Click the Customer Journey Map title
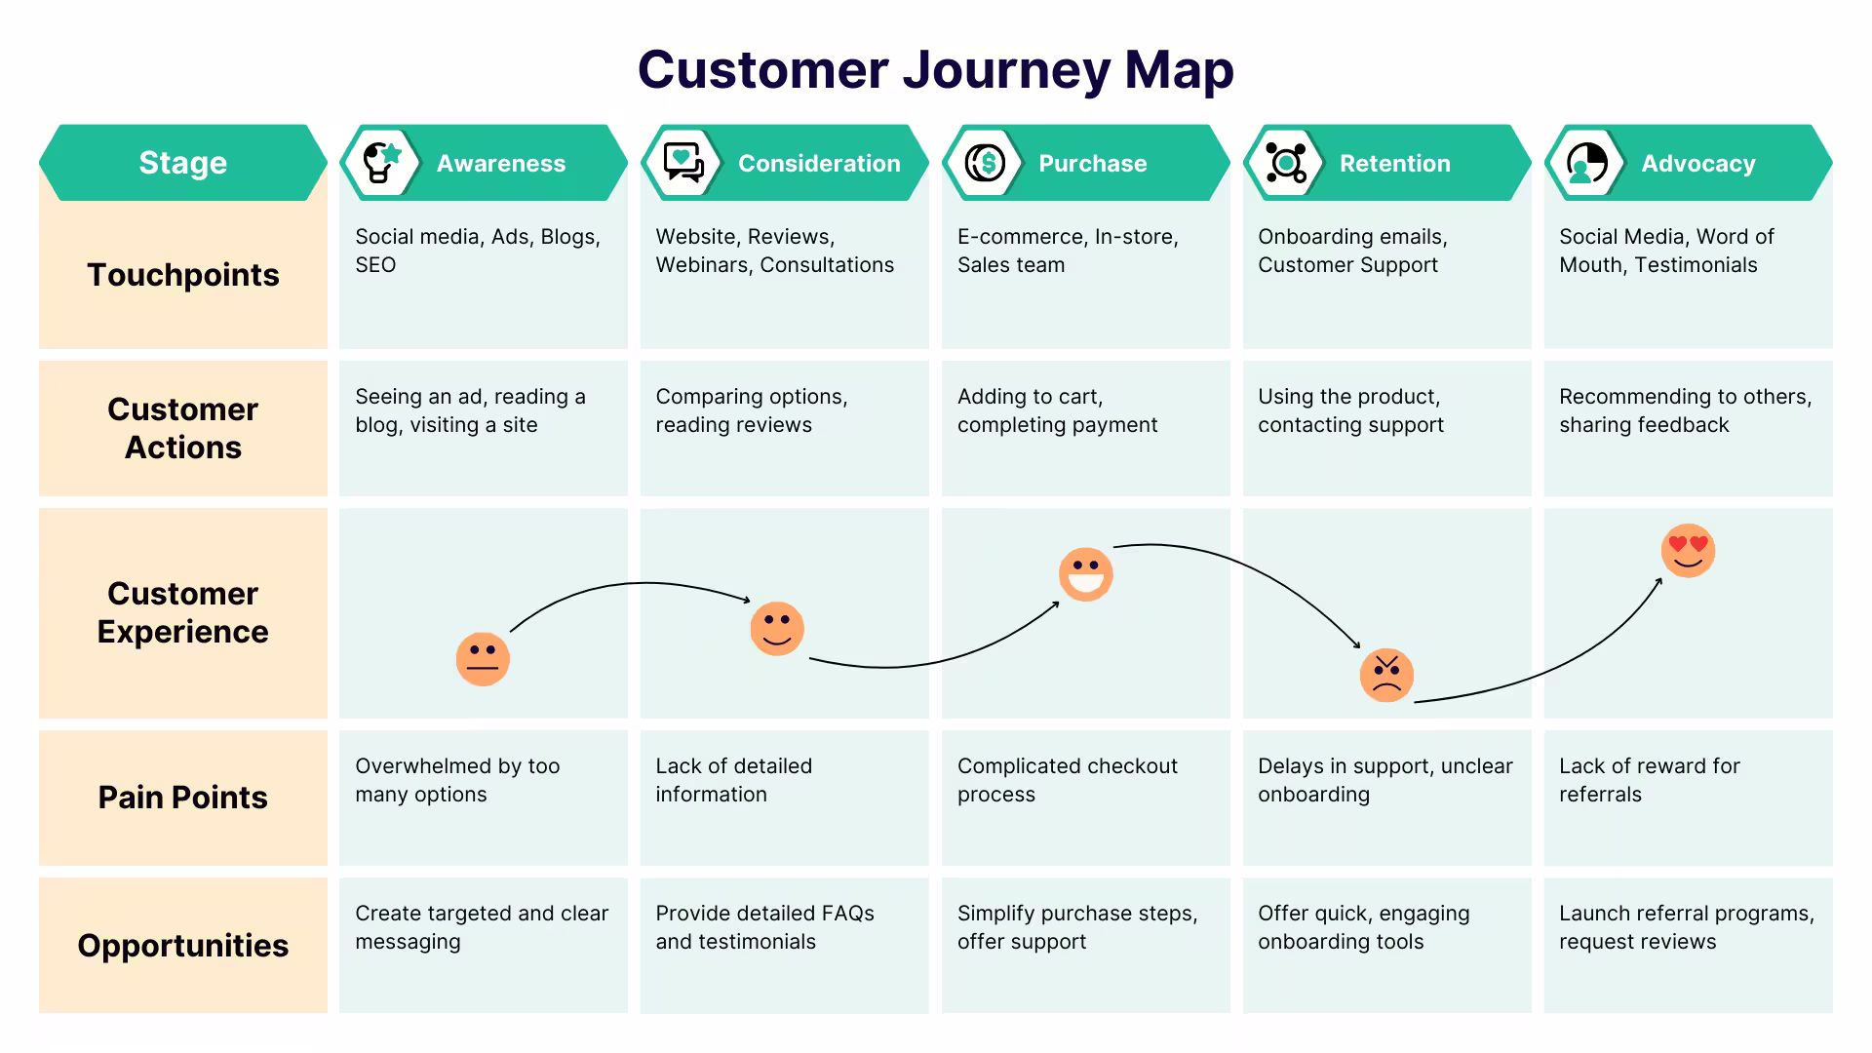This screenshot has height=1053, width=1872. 936,70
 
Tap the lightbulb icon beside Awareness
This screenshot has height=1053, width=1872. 381,163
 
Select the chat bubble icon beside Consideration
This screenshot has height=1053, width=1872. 683,163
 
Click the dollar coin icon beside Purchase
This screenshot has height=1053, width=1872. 985,163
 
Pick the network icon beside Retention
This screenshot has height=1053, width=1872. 1286,163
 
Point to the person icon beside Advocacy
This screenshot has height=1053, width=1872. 1587,163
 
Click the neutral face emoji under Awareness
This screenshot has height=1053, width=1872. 483,659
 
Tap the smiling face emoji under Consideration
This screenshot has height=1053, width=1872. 777,629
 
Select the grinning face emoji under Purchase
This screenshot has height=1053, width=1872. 1085,574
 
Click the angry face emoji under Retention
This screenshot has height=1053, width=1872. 1386,676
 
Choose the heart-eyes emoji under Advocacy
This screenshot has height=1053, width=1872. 1688,551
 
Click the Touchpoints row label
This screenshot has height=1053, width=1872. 183,275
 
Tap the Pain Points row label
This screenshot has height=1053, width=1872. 183,798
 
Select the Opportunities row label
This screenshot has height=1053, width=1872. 183,946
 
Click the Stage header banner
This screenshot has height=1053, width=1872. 183,163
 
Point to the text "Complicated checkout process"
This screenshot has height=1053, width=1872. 1068,780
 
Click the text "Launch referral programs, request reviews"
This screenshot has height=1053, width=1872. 1687,927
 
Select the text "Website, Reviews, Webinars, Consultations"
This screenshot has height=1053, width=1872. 775,251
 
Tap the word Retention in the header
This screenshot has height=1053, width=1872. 1395,163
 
